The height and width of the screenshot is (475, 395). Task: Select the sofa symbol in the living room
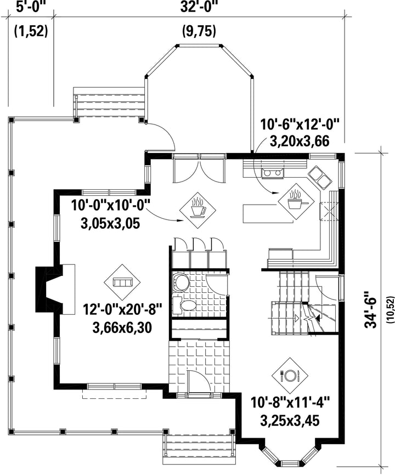point(122,282)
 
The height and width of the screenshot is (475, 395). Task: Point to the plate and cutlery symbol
point(290,376)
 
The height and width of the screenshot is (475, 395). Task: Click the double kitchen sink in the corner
point(319,178)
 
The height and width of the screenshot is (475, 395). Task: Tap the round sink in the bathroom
point(180,282)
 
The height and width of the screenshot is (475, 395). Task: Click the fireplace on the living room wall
point(55,289)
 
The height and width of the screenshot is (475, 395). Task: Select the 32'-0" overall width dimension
point(199,7)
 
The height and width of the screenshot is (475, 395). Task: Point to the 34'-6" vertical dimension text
point(370,309)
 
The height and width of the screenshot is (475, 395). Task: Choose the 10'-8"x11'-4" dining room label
point(290,403)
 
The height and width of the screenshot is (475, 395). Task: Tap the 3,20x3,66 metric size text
point(300,141)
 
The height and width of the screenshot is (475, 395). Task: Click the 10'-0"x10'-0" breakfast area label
point(111,205)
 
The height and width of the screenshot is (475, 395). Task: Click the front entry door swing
point(199,381)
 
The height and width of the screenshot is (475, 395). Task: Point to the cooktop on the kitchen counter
point(273,173)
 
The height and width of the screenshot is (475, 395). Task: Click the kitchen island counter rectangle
point(268,214)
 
